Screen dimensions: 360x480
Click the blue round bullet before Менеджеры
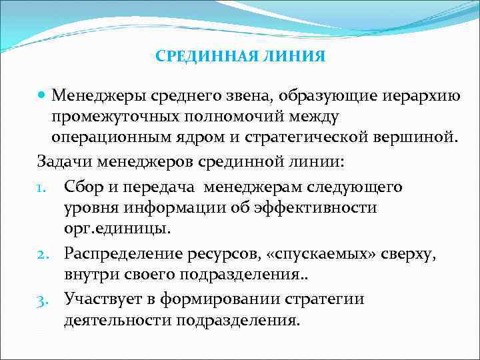43,97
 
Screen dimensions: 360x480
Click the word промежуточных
122,117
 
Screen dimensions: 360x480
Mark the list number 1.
41,188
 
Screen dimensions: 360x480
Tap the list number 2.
42,253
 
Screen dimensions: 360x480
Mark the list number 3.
42,299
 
